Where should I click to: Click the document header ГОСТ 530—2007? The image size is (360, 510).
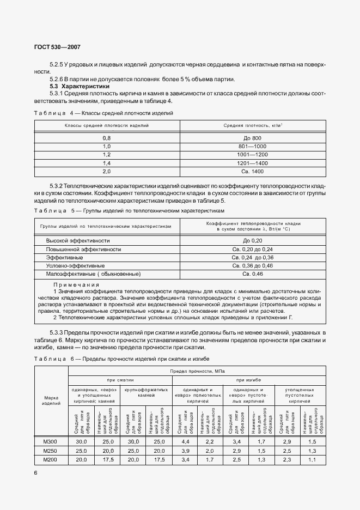pos(53,47)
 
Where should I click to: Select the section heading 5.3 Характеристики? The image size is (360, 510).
pos(80,86)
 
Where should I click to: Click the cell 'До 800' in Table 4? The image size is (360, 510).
pos(252,138)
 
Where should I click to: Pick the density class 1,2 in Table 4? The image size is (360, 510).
pos(107,155)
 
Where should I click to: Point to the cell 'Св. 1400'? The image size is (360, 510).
pos(252,171)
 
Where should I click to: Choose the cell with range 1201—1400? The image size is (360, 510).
pos(252,163)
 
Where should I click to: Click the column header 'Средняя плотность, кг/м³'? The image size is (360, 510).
pos(252,125)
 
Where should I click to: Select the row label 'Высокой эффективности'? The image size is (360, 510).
pos(78,240)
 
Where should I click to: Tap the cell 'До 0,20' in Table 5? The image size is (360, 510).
pos(253,240)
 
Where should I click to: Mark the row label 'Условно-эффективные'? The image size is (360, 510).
pos(75,265)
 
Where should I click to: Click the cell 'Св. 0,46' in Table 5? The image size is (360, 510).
pos(253,274)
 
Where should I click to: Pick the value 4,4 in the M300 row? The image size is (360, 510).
pos(185,441)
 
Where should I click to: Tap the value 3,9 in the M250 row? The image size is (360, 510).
pos(185,451)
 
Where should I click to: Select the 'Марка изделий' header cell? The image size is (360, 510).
pos(51,400)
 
